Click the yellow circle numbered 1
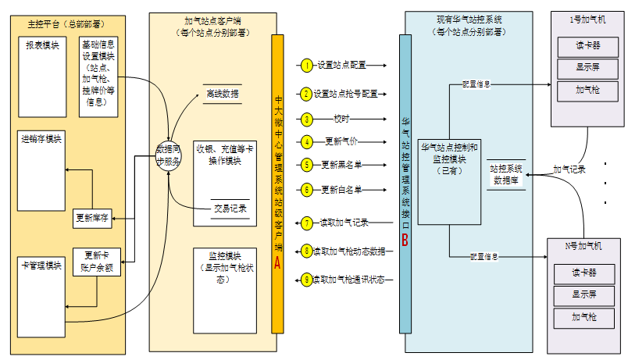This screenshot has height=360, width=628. pos(307,65)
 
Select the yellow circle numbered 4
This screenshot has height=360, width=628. pos(307,142)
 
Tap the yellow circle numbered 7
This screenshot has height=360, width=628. pos(307,223)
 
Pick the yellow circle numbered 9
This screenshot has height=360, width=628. pos(307,279)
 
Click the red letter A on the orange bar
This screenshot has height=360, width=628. pos(277,263)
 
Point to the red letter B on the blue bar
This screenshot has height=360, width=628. pos(405,241)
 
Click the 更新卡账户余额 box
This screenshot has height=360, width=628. pos(98,261)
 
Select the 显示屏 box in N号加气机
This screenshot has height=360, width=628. pos(584,296)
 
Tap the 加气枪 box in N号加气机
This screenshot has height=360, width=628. pos(584,318)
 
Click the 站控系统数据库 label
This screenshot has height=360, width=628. pos(506,174)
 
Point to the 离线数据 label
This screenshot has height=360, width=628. pos(222,94)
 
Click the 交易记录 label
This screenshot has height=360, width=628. pos(230,209)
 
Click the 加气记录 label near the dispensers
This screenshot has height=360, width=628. pos(569,169)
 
